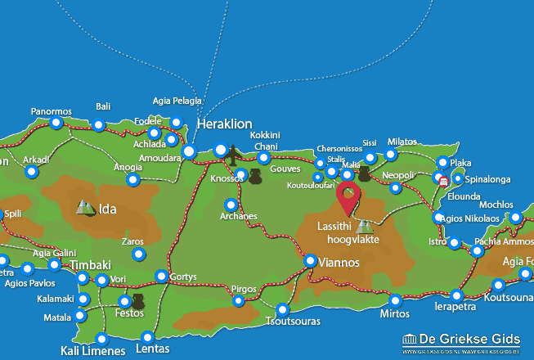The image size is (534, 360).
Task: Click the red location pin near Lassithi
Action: point(349,197)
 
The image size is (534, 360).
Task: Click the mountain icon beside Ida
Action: point(85,208)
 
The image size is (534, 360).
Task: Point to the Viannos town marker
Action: point(311,261)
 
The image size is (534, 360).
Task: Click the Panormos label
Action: point(52,111)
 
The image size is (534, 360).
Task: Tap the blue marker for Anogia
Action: point(133,180)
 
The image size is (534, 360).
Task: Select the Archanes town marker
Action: point(231,205)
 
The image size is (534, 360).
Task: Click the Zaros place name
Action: point(132,241)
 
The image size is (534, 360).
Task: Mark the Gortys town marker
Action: point(162,276)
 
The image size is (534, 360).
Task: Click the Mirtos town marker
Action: point(396,300)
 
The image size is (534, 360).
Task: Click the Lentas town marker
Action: point(147,337)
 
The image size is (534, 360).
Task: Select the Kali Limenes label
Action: point(92,352)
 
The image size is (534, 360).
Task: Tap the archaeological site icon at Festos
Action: point(137,302)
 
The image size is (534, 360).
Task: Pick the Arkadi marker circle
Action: point(31,172)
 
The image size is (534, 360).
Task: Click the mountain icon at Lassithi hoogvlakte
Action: point(364,225)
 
